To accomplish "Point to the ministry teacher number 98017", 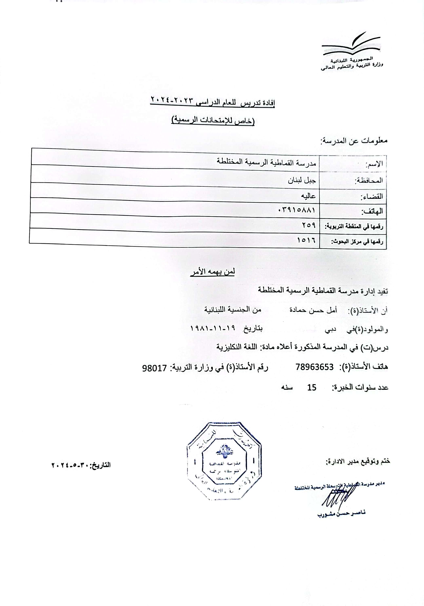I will [x=154, y=368].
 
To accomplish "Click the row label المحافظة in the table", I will [x=369, y=181].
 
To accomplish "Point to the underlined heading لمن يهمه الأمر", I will [x=213, y=272].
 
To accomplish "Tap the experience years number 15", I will [x=312, y=387].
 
